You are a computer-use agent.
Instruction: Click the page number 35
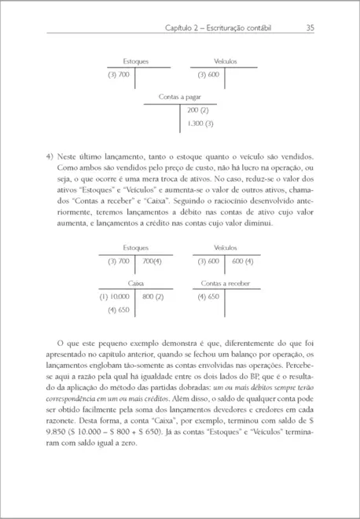[x=310, y=28]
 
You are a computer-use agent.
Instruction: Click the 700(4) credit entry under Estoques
[x=152, y=260]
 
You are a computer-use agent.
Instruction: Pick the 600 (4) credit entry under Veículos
[x=242, y=260]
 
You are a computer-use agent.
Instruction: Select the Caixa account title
[x=136, y=282]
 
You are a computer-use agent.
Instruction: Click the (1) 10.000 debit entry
[x=114, y=296]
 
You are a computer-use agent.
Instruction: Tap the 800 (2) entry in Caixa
[x=152, y=296]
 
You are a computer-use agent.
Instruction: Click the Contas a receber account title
[x=226, y=282]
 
